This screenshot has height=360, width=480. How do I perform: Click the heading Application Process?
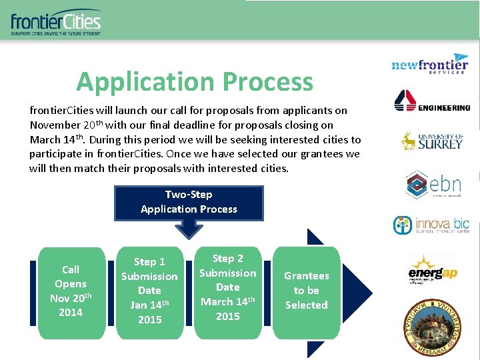click(195, 82)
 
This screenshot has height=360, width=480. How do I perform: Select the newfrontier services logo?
click(430, 64)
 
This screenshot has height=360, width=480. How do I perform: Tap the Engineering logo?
click(432, 101)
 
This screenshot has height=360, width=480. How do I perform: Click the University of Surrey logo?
click(431, 141)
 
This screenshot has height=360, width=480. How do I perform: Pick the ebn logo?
click(433, 184)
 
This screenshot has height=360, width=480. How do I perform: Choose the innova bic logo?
click(431, 225)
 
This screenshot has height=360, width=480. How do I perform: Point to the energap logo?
click(431, 269)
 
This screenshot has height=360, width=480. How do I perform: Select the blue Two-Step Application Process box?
click(189, 202)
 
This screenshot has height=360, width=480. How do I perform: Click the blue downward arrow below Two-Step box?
click(189, 229)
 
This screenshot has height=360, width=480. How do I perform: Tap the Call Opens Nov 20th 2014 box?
click(71, 292)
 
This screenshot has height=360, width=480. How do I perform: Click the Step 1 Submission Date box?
click(149, 291)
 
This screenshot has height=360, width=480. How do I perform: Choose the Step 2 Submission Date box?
click(227, 288)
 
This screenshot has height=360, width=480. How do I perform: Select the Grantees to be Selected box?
click(306, 291)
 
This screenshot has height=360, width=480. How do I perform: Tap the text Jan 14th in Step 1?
click(149, 305)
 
